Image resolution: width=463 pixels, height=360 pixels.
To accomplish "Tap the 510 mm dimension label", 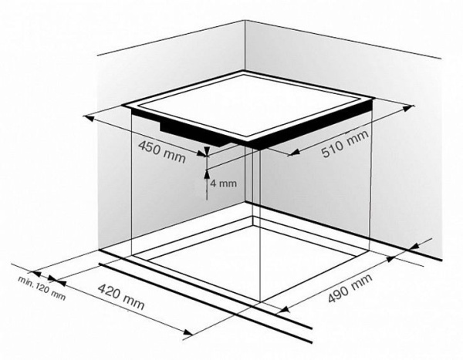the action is pyautogui.click(x=345, y=143).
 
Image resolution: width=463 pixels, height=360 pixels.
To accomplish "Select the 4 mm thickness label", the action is pyautogui.click(x=224, y=183).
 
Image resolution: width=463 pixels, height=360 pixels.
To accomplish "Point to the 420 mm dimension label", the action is pyautogui.click(x=121, y=296).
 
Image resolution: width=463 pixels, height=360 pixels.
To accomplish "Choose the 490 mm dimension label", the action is pyautogui.click(x=350, y=288).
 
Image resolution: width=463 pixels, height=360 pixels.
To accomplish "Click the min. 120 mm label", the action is pyautogui.click(x=42, y=288).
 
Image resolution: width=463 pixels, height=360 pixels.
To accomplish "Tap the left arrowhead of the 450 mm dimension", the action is pyautogui.click(x=89, y=119).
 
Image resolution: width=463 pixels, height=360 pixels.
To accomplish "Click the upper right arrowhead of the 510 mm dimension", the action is pyautogui.click(x=407, y=108).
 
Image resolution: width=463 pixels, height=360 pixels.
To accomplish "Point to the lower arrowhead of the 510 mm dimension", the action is pyautogui.click(x=295, y=152).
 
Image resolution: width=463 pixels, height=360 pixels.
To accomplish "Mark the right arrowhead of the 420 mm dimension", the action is pyautogui.click(x=188, y=332).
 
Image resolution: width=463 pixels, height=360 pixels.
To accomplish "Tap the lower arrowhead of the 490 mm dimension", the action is pyautogui.click(x=284, y=309).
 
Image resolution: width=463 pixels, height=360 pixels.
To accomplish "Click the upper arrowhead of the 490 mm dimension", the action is pyautogui.click(x=391, y=258).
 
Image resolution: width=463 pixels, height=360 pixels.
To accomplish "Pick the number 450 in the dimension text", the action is pyautogui.click(x=150, y=147).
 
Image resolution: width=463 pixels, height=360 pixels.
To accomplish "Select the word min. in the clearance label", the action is pyautogui.click(x=26, y=280).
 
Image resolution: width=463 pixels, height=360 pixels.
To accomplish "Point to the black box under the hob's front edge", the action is pyautogui.click(x=194, y=134).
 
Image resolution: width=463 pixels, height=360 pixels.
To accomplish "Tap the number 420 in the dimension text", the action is pyautogui.click(x=110, y=291).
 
